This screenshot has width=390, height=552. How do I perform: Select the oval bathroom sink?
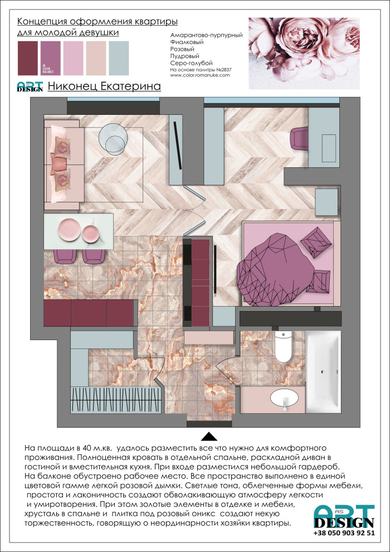[284, 399]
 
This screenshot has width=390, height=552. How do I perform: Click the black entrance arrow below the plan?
[211, 436]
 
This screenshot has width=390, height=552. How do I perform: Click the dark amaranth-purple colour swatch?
[28, 58]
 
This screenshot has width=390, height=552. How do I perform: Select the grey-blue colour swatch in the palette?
[119, 58]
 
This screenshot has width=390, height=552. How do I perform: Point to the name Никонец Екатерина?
[104, 86]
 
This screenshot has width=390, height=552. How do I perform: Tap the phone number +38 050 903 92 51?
[344, 532]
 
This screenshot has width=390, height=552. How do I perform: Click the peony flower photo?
[304, 54]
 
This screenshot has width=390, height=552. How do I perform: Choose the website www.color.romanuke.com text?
[199, 75]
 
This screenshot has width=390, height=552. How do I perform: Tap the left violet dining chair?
[65, 255]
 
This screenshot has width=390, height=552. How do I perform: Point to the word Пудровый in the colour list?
[184, 56]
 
